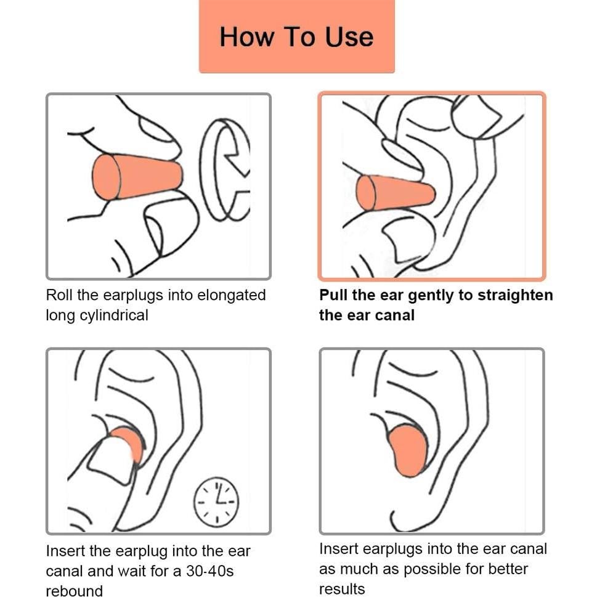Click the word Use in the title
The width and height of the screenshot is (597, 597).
[349, 37]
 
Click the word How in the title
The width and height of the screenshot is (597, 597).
[247, 37]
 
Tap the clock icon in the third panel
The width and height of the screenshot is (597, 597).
[216, 502]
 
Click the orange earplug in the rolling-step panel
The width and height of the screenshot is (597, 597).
[137, 177]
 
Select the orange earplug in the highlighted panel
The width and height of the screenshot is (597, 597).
[395, 193]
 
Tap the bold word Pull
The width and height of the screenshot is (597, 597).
[333, 295]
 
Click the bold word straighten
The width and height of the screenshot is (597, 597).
[515, 296]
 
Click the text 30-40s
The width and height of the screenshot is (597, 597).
[210, 571]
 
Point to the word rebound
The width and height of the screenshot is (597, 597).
[75, 591]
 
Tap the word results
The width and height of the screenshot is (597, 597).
[342, 589]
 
